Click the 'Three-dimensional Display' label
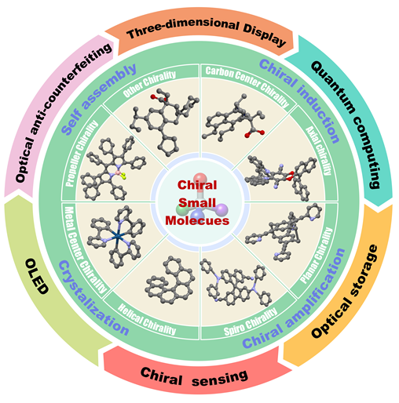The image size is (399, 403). (207, 31)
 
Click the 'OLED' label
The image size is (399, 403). (37, 276)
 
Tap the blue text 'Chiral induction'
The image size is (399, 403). (300, 100)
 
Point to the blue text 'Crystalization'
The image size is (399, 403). (93, 298)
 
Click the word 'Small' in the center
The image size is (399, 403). (197, 203)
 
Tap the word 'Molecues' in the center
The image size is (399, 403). (197, 220)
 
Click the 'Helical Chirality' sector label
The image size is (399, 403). (147, 319)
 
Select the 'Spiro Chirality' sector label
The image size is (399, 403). (251, 321)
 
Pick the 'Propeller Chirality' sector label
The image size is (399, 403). (82, 154)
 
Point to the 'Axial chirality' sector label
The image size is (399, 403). (319, 151)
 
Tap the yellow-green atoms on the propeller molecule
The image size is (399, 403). (123, 176)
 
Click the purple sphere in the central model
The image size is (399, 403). (221, 210)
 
